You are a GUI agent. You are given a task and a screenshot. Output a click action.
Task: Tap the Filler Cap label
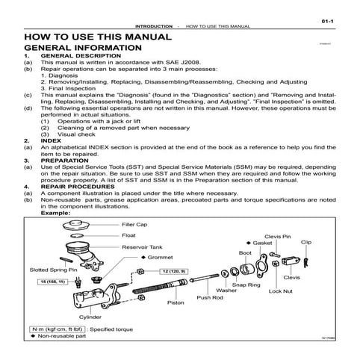[134, 223]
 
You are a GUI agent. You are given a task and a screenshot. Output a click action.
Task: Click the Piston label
[176, 303]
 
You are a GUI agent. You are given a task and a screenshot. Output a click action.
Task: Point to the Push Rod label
[210, 297]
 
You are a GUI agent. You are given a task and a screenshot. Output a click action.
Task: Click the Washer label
[226, 290]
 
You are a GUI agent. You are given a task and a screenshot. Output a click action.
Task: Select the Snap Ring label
[246, 285]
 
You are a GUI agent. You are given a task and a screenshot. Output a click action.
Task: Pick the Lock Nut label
[280, 291]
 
